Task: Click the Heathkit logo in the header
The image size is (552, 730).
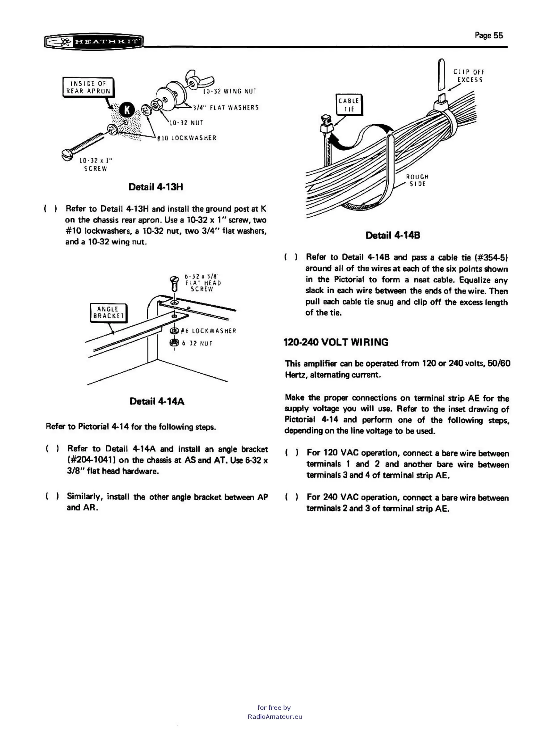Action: point(94,42)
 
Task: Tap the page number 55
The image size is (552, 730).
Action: point(489,35)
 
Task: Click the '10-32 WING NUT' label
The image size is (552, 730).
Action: point(230,91)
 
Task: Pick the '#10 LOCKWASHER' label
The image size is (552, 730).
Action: point(187,138)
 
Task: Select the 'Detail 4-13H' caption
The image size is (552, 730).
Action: point(156,187)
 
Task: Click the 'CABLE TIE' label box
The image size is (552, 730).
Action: point(349,105)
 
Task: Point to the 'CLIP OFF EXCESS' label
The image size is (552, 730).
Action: point(469,76)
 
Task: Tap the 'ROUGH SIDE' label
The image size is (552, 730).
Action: point(417,180)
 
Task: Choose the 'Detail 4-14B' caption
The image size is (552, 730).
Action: point(393,235)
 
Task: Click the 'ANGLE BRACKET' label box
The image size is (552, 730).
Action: point(108,313)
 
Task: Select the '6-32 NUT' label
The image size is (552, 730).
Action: point(197,343)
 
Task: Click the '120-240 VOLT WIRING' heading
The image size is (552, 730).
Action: point(336,342)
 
